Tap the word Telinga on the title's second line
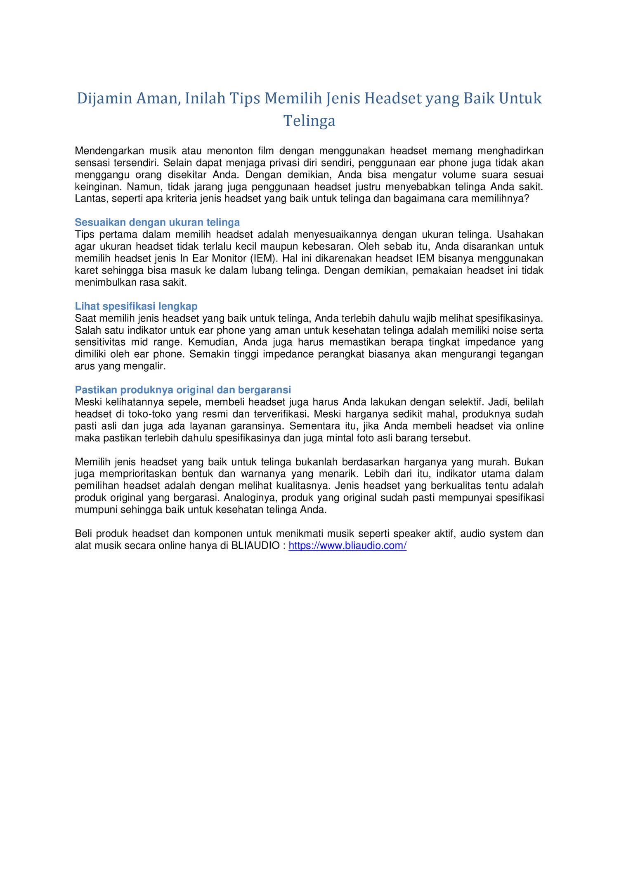[x=309, y=121]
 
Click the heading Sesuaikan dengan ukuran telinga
[x=157, y=223]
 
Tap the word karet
[x=86, y=271]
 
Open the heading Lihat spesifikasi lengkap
[x=136, y=306]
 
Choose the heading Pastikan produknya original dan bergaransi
[x=183, y=390]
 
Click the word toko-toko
[x=149, y=414]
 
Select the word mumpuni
[x=96, y=510]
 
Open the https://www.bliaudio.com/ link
[x=347, y=546]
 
